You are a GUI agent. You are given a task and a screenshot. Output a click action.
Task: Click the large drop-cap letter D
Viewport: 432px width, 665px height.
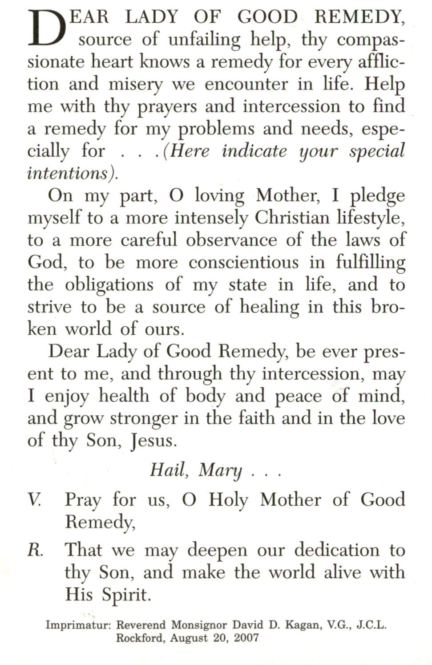coord(44,28)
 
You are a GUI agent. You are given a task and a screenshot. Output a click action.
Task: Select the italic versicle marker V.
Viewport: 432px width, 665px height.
coord(34,500)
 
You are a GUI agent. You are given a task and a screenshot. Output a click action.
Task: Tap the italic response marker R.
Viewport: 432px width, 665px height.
coord(35,551)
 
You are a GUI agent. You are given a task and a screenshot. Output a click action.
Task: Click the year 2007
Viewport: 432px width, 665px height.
coord(246,637)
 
